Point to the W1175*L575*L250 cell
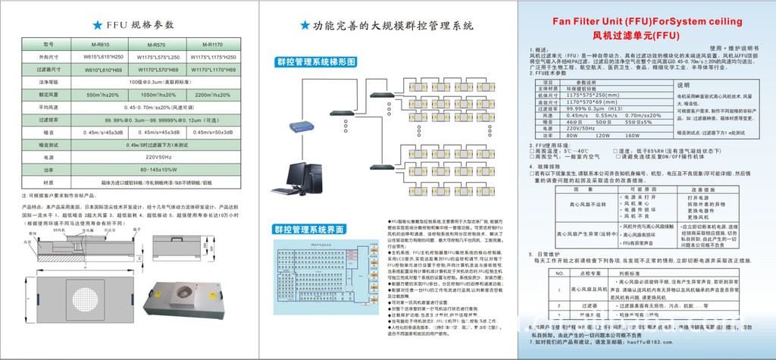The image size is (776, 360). [155, 57]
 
